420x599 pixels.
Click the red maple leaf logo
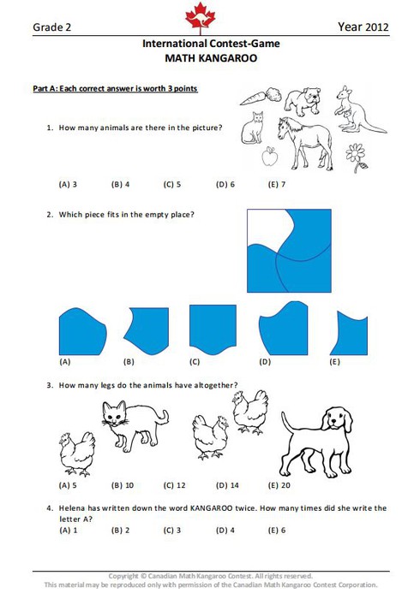[x=200, y=15]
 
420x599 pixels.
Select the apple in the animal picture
[x=269, y=157]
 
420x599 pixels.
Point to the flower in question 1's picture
[x=357, y=157]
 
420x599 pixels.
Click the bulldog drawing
[x=303, y=101]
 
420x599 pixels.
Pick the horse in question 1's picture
[x=305, y=143]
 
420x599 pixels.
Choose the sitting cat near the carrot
[x=253, y=128]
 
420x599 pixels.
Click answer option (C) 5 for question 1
[x=172, y=185]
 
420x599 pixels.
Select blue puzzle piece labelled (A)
[x=82, y=332]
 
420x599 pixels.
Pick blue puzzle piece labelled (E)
[x=350, y=334]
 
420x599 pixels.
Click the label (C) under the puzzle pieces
[x=195, y=362]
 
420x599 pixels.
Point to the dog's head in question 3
[x=337, y=420]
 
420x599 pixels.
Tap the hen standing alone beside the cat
[x=77, y=454]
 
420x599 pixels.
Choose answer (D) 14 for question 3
[x=227, y=485]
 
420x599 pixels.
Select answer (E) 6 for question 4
[x=277, y=531]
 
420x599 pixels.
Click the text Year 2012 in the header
[x=363, y=27]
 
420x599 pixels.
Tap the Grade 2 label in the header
[x=51, y=27]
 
